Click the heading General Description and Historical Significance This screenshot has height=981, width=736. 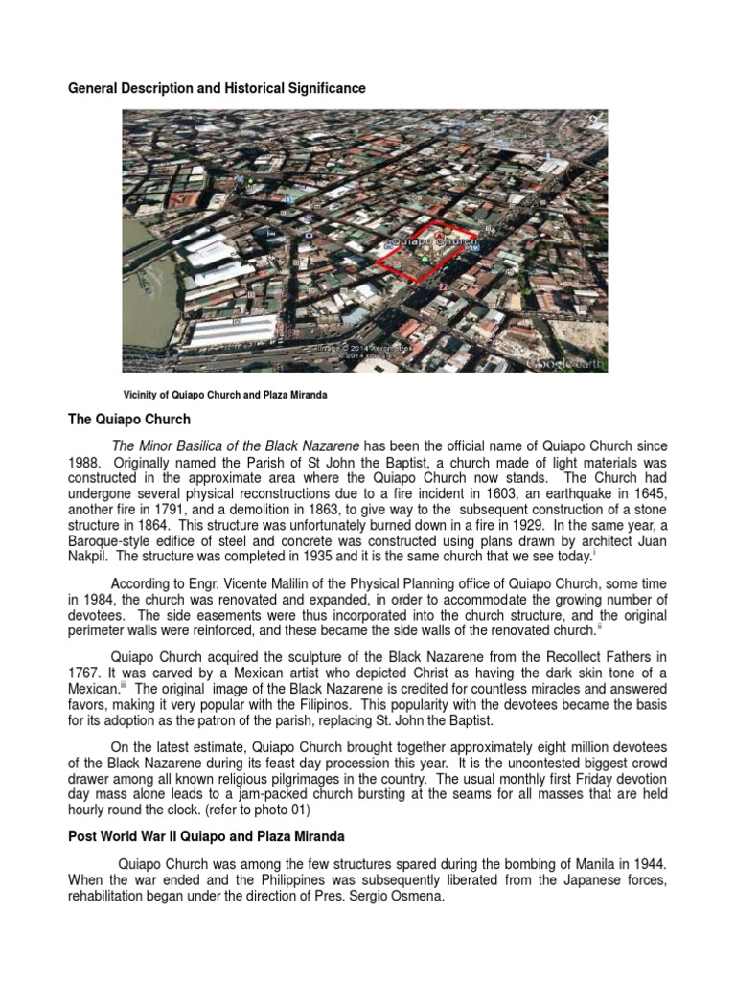[x=216, y=88]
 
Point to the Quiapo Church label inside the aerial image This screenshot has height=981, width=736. [x=434, y=243]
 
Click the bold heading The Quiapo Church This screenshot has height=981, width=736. [x=128, y=420]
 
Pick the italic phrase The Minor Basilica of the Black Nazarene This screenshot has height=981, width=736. [x=236, y=446]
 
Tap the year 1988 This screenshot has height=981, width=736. [x=82, y=462]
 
